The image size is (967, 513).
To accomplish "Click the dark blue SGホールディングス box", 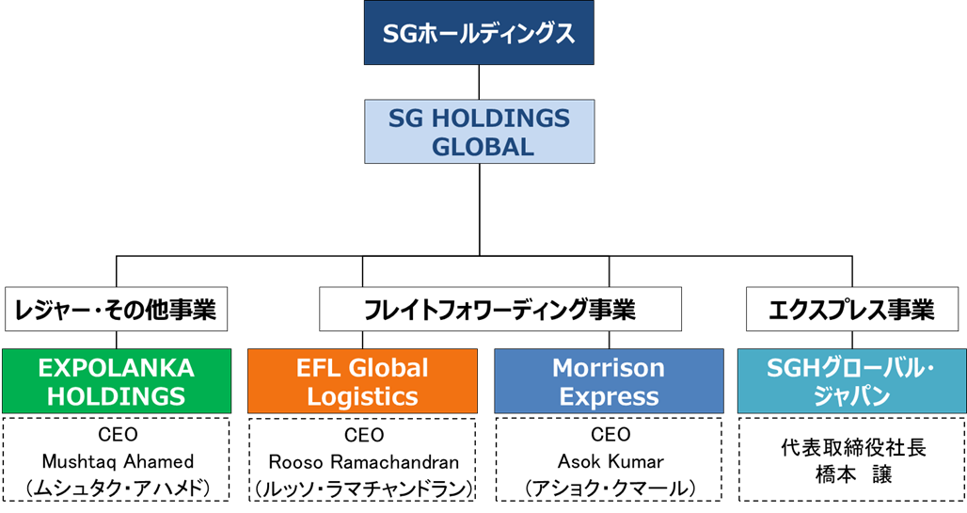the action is [479, 33].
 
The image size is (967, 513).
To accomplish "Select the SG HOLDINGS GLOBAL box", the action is [479, 132].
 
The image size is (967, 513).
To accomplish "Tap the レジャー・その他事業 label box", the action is [116, 309].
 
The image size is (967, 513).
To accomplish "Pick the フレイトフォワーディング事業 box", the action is [500, 309].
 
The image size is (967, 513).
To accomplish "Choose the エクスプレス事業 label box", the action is [851, 309].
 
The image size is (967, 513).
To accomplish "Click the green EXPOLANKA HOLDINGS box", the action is [117, 381].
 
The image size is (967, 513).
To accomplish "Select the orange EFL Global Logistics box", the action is [363, 381].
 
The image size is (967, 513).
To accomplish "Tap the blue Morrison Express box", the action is [609, 381].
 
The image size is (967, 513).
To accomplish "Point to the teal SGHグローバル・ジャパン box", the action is [851, 381].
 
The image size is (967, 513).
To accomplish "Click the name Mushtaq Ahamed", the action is [118, 461].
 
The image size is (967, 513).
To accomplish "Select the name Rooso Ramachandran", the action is [364, 462].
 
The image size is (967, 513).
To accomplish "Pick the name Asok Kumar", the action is [610, 461].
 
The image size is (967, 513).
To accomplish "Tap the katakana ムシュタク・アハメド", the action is [118, 489].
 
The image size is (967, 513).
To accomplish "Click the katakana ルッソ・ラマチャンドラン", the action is [364, 489].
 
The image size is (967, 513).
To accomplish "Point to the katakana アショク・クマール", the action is [610, 489].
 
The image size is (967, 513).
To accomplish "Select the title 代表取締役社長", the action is [853, 447].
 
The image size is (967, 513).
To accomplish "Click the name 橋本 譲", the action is [853, 474].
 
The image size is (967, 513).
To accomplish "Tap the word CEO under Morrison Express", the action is [610, 435].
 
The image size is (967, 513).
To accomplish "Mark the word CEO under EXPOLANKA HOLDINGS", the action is [118, 435].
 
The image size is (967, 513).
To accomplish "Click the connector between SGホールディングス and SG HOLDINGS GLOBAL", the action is [479, 82].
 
